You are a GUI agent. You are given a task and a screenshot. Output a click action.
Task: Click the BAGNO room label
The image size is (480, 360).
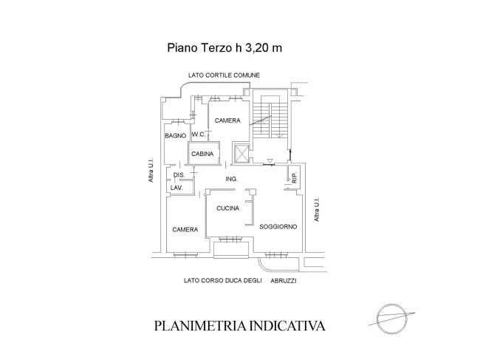(x=176, y=136)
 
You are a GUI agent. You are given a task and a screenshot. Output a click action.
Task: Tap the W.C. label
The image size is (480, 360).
(x=199, y=135)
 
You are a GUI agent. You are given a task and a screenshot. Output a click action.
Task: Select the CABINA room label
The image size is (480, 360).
(x=202, y=154)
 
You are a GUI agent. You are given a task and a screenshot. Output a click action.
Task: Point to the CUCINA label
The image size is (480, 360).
(x=227, y=208)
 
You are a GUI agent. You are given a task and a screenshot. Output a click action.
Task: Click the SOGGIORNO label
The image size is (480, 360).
(x=278, y=227)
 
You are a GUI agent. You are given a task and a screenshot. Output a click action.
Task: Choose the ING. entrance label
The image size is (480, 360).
(x=232, y=179)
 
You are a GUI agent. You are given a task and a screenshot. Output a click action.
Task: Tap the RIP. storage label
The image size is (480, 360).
(x=295, y=178)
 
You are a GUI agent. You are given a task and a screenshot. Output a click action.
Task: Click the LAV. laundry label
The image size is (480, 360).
(x=177, y=188)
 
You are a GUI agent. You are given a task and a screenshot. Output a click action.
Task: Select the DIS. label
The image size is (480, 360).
(x=179, y=175)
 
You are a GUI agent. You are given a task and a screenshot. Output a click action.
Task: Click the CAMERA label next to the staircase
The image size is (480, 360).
(x=227, y=120)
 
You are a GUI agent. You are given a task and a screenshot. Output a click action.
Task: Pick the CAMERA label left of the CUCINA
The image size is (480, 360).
(x=185, y=229)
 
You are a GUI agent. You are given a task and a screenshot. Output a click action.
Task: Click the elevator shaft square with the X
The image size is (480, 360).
(x=241, y=152)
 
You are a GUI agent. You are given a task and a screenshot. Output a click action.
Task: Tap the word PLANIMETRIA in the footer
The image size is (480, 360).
(x=201, y=326)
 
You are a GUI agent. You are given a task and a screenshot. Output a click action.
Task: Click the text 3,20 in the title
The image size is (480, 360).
(x=256, y=48)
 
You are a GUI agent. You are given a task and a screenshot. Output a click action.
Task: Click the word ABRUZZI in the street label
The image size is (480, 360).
(x=284, y=281)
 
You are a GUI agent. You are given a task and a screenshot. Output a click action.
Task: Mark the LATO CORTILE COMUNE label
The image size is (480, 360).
(x=224, y=75)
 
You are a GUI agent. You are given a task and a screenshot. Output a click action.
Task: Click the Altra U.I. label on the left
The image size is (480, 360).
(x=151, y=171)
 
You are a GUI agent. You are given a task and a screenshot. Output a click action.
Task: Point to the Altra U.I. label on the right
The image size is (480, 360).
(x=317, y=209)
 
